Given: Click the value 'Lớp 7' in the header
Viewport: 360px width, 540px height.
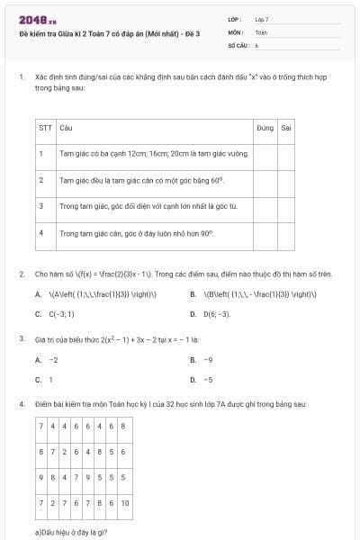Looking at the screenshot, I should click(262, 19).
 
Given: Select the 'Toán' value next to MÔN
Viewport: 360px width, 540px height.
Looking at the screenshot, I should click(261, 31).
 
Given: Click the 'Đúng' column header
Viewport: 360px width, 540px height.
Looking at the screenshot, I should click(265, 128).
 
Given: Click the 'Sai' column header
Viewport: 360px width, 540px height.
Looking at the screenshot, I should click(286, 128).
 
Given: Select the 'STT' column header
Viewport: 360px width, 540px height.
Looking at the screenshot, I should click(45, 128).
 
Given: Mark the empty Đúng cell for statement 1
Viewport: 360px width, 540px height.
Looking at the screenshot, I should click(265, 154).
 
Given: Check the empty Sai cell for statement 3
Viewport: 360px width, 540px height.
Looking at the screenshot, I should click(286, 206).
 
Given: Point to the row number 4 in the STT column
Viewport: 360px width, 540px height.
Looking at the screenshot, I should click(41, 232).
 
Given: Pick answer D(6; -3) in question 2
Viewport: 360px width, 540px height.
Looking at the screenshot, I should click(216, 314).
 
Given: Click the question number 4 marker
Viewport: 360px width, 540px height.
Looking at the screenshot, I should click(21, 404).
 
